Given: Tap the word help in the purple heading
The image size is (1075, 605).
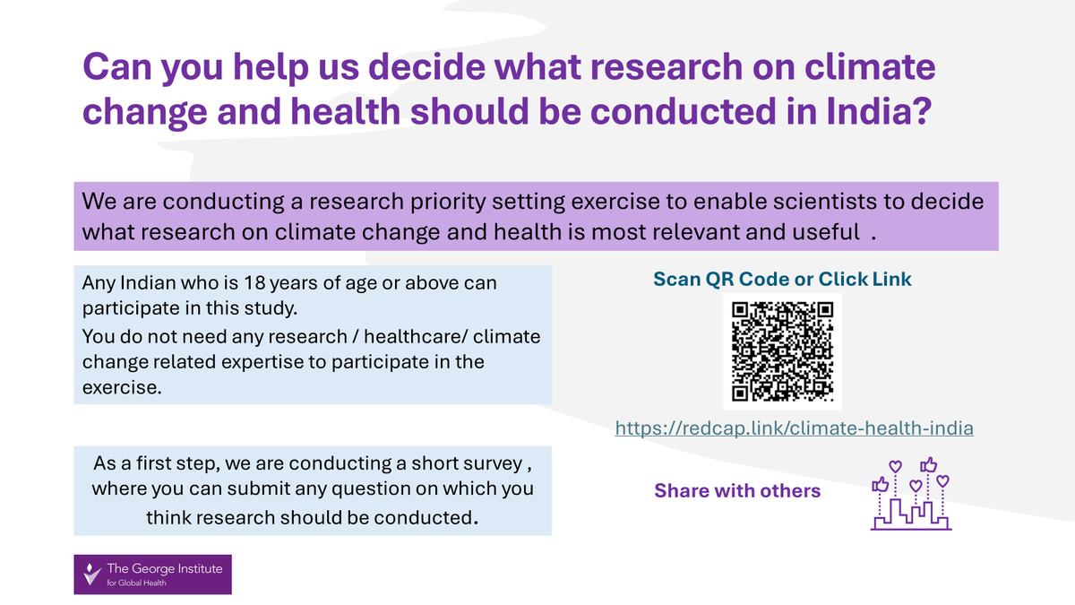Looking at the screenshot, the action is (271, 67).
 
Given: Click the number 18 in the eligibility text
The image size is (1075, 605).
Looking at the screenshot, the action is (254, 283).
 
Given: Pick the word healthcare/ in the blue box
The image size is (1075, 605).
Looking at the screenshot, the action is (415, 337).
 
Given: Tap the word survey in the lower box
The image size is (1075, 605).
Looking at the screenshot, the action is (492, 464).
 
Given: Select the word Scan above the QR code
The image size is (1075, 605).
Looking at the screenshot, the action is (676, 279).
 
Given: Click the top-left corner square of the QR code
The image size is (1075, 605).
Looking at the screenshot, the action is (740, 310).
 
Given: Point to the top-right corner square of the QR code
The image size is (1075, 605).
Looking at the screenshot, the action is (825, 310).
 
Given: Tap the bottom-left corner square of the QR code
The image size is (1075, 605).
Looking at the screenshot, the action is (740, 393).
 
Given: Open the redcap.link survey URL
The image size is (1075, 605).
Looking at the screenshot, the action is (795, 428).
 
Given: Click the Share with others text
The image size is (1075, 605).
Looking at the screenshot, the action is (737, 491).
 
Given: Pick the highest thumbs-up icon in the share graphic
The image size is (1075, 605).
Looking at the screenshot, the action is (929, 465).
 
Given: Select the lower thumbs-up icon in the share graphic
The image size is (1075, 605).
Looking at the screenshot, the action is (880, 485).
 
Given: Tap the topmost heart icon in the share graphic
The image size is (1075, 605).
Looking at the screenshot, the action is (896, 466).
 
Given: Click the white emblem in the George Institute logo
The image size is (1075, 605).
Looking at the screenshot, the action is (91, 574).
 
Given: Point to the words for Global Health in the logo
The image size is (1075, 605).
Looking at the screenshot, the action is (136, 583).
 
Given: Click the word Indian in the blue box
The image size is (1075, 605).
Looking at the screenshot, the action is (148, 283).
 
